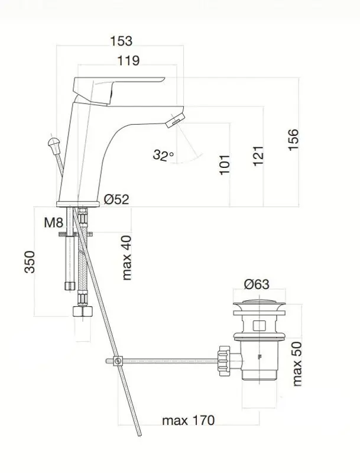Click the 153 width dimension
121,41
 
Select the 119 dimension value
128,61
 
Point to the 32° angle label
163,155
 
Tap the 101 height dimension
225,165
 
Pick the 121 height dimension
258,155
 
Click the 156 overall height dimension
293,140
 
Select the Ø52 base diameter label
116,199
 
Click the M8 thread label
53,223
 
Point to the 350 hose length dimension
30,262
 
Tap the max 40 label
127,258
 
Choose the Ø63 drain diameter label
257,284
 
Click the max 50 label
297,364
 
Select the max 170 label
189,420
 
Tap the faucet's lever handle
118,89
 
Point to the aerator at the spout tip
174,121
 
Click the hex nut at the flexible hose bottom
83,311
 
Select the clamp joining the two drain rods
118,361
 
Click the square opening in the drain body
260,326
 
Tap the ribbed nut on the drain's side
224,361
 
